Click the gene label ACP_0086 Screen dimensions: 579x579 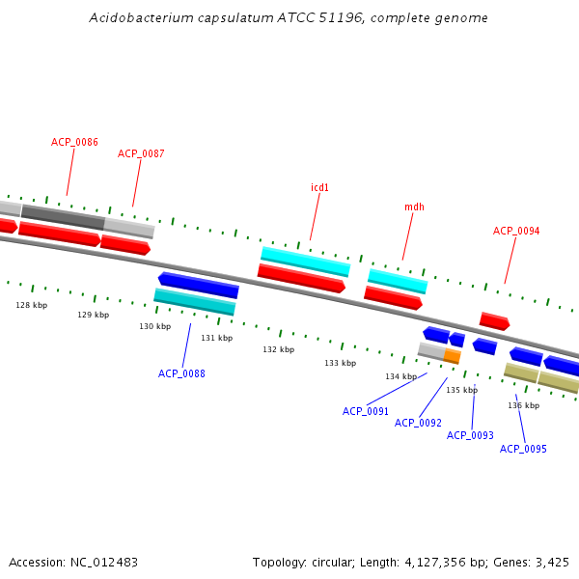click(74, 142)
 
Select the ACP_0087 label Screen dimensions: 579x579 click(141, 153)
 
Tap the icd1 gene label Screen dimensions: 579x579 click(319, 187)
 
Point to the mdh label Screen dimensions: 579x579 click(414, 207)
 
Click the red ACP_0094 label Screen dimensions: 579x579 click(516, 231)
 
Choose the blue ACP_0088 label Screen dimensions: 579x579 click(181, 373)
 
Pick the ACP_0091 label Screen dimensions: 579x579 click(366, 411)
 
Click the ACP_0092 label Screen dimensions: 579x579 click(418, 423)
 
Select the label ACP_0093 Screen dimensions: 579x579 click(470, 435)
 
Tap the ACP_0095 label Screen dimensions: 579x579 click(523, 449)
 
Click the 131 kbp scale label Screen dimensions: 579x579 click(216, 338)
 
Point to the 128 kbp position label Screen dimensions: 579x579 click(31, 305)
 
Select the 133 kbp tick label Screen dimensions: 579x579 click(340, 363)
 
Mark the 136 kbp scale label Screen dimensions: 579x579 click(523, 405)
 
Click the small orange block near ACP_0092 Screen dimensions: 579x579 click(452, 356)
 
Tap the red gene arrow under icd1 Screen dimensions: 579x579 click(301, 278)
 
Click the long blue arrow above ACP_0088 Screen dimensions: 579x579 click(198, 285)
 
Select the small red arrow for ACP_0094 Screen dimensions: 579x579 click(494, 320)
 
